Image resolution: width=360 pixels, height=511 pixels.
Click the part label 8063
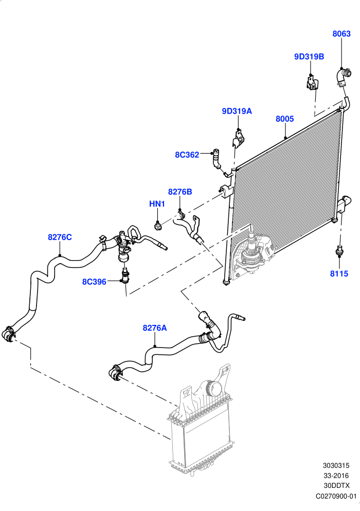coord(341,33)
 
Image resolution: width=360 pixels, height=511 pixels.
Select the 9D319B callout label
coord(309,57)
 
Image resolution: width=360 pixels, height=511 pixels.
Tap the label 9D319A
coord(237,111)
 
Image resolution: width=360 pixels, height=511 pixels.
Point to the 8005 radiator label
coord(285,119)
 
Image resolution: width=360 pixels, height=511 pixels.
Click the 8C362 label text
coord(187,155)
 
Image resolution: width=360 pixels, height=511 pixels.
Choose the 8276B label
coord(180,192)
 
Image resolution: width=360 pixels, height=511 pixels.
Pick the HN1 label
coord(157,204)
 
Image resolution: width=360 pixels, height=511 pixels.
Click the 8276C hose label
coord(60,238)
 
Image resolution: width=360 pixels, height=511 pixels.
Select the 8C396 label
coord(94,282)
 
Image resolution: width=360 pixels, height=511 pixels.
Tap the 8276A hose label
coord(155,328)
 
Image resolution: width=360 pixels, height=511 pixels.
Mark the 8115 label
coord(339,273)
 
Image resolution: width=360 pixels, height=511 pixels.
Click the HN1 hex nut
coord(157,226)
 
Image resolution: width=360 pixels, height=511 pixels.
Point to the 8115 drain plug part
coord(339,250)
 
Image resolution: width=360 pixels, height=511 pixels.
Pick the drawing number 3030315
coord(336,466)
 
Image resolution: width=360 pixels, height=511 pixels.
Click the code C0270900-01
coord(336,496)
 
